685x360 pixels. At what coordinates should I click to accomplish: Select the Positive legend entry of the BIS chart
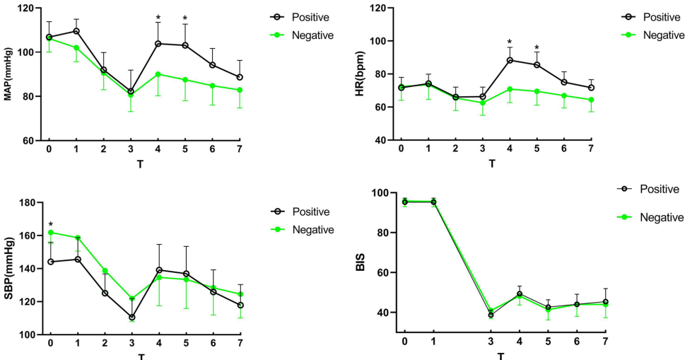(660, 189)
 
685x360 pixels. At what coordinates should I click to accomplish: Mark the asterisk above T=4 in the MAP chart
(158, 18)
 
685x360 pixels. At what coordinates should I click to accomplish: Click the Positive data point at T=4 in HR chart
(509, 60)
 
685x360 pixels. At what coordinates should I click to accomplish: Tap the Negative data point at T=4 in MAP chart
(158, 74)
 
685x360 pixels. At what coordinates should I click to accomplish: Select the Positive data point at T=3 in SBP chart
(131, 318)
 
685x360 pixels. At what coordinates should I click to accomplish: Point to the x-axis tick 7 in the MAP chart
(240, 151)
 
